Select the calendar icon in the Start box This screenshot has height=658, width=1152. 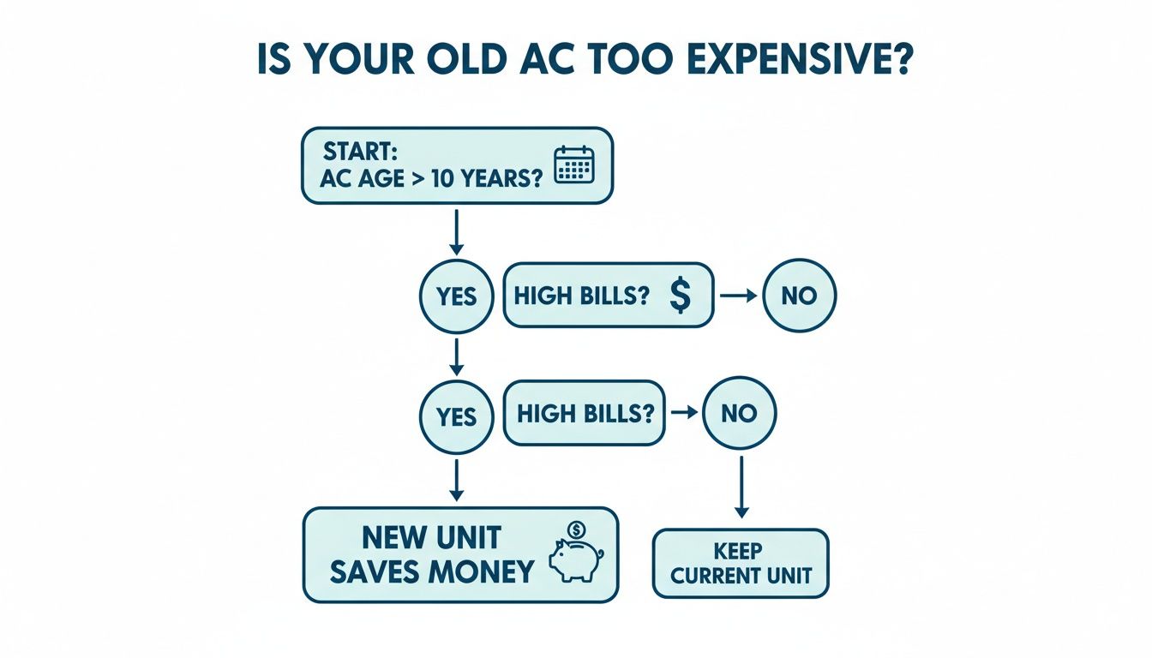pyautogui.click(x=574, y=164)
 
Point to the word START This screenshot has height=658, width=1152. pyautogui.click(x=360, y=153)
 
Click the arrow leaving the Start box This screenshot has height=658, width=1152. pyautogui.click(x=457, y=232)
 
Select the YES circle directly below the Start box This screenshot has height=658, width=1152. pyautogui.click(x=456, y=296)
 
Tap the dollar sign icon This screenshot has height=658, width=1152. pyautogui.click(x=679, y=296)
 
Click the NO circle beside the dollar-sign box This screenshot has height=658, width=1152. pyautogui.click(x=799, y=296)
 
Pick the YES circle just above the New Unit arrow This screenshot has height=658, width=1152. pyautogui.click(x=456, y=416)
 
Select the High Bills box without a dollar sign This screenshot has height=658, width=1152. pyautogui.click(x=584, y=413)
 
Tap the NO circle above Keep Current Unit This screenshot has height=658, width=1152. pyautogui.click(x=739, y=413)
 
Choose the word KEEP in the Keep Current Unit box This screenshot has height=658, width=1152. pyautogui.click(x=740, y=549)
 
